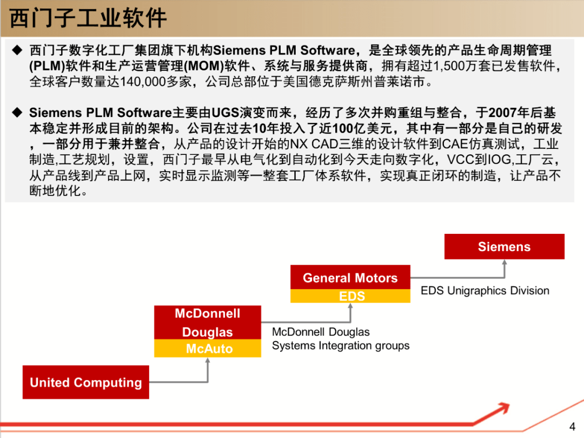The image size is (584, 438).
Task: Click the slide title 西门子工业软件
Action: tap(89, 19)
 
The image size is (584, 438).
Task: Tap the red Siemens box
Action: tap(504, 247)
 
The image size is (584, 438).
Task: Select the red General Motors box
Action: tap(350, 278)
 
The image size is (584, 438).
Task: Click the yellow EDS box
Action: tap(350, 296)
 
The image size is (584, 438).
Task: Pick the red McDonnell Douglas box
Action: tap(208, 323)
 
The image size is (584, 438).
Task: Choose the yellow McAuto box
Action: tap(208, 349)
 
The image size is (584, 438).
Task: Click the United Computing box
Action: tap(85, 382)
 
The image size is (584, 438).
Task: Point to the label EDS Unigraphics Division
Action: tap(485, 291)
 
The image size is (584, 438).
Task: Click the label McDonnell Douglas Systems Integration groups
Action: tap(341, 339)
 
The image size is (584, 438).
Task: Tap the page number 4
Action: tap(573, 426)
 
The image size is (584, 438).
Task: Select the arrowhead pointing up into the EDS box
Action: tap(350, 306)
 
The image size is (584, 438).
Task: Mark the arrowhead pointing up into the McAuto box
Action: tap(208, 361)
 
